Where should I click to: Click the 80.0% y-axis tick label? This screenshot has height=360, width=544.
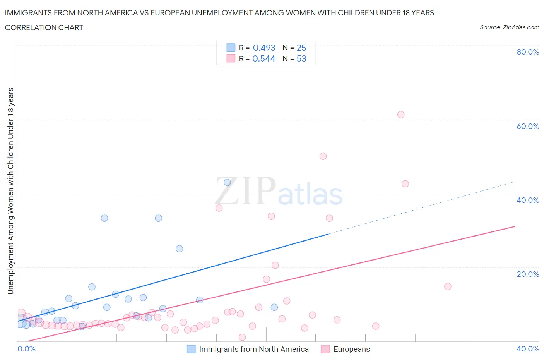[x=528, y=52]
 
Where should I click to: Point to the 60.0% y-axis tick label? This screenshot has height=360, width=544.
[x=528, y=126]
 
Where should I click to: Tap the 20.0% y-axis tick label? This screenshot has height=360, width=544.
[x=528, y=274]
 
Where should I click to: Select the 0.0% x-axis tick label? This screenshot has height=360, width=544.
[x=26, y=349]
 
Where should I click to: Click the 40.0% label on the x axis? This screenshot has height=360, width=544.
[x=528, y=349]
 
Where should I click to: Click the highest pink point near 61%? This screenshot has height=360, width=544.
[x=401, y=115]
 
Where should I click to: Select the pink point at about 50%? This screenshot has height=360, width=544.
[x=323, y=156]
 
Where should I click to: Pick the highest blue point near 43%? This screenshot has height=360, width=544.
[x=228, y=182]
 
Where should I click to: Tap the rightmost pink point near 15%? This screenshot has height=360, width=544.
[x=448, y=286]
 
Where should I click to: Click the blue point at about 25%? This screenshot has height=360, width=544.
[x=179, y=249]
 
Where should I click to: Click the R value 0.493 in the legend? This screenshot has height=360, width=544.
[x=264, y=48]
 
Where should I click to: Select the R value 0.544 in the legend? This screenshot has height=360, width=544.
[x=263, y=58]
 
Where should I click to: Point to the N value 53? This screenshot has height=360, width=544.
[x=301, y=58]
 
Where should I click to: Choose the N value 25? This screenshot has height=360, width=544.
[x=301, y=48]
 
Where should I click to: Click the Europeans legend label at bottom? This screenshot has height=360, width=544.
[x=351, y=349]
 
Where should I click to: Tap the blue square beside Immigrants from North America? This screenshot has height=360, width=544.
[x=191, y=349]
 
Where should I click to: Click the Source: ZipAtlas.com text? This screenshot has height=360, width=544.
[x=509, y=27]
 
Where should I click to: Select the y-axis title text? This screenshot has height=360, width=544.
[x=11, y=191]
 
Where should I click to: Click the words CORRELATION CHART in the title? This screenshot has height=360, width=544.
[x=44, y=27]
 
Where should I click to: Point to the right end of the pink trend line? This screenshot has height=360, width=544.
[x=515, y=226]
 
